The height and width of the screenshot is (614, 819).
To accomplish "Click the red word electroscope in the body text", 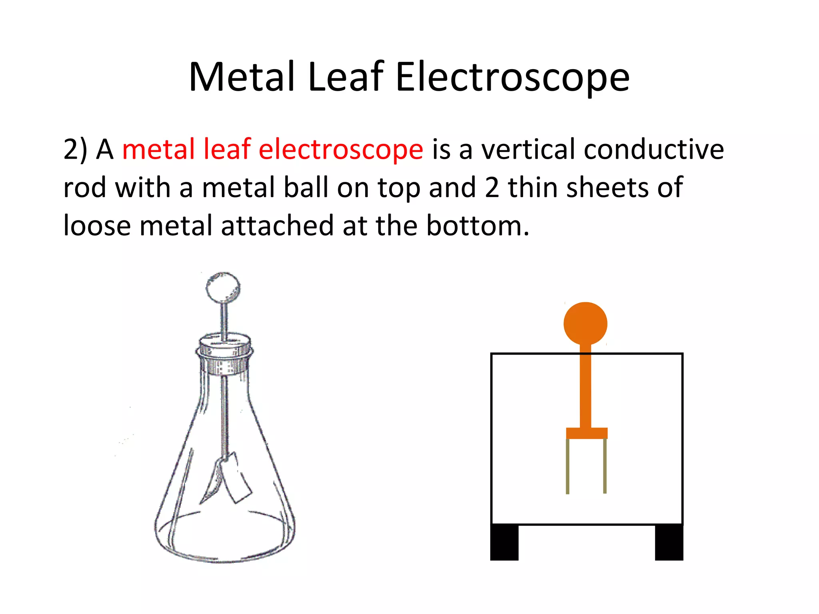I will tap(341, 150).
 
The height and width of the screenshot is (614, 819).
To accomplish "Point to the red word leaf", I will tap(227, 149).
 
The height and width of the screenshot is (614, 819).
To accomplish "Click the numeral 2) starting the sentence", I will tap(75, 150).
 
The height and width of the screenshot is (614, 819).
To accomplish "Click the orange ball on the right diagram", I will tap(585, 323).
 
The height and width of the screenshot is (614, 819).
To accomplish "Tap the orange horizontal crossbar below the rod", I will tap(587, 433).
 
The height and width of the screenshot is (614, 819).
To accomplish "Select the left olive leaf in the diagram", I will tap(567, 466).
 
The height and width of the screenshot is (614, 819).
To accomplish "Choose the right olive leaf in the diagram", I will tap(605, 466).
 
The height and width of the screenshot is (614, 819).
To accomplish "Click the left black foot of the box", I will tap(504, 542).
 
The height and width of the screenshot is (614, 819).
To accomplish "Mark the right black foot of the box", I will tap(669, 542).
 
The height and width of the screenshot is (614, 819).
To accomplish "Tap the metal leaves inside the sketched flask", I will tap(230, 478).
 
